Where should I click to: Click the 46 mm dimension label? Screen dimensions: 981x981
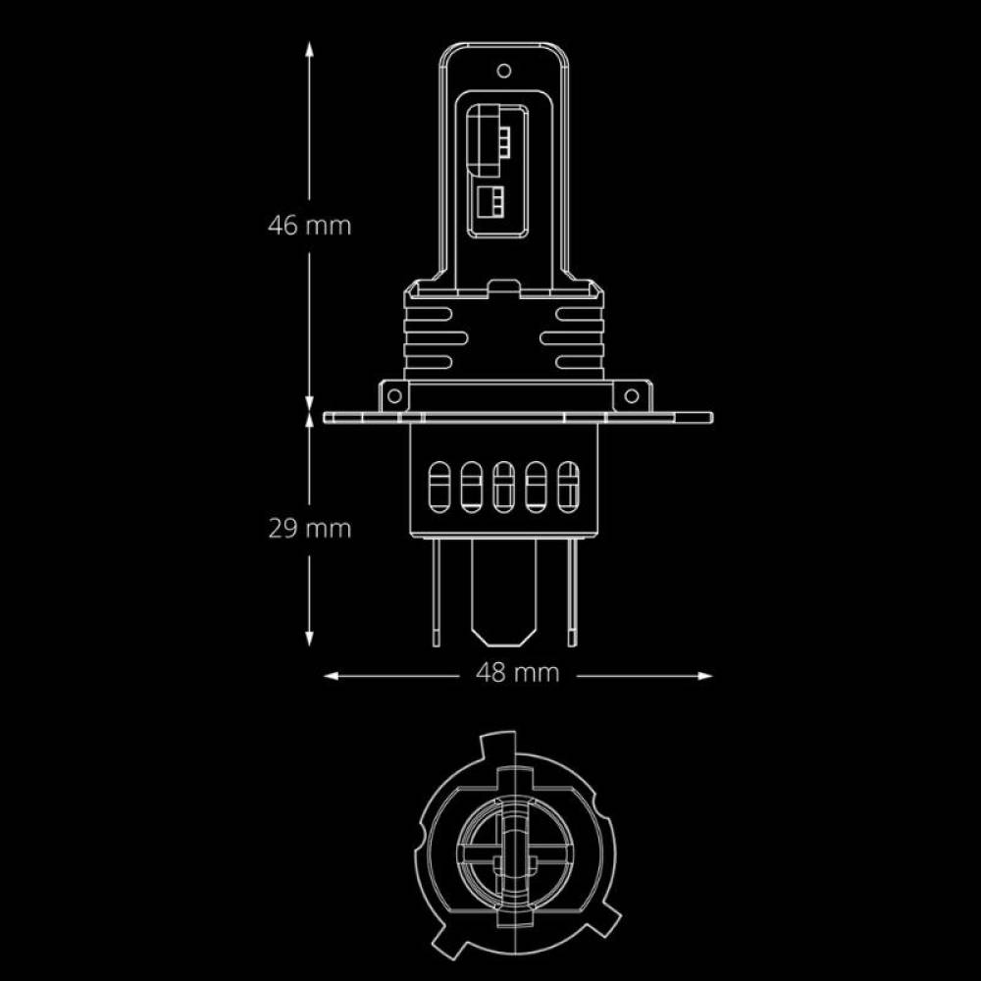point(310,226)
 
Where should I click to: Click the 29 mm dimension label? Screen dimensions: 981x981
point(310,530)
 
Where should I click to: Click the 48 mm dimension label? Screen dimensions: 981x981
point(517,673)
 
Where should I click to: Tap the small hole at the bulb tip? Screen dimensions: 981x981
point(503,70)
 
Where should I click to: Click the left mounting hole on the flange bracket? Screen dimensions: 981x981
point(394,396)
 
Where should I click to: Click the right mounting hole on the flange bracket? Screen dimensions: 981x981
point(631,396)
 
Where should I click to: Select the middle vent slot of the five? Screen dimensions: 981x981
point(503,487)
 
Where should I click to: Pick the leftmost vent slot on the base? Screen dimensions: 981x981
point(439,487)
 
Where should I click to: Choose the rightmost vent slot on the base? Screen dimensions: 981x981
point(568,487)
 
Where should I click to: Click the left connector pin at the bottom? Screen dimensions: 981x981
point(437,592)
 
